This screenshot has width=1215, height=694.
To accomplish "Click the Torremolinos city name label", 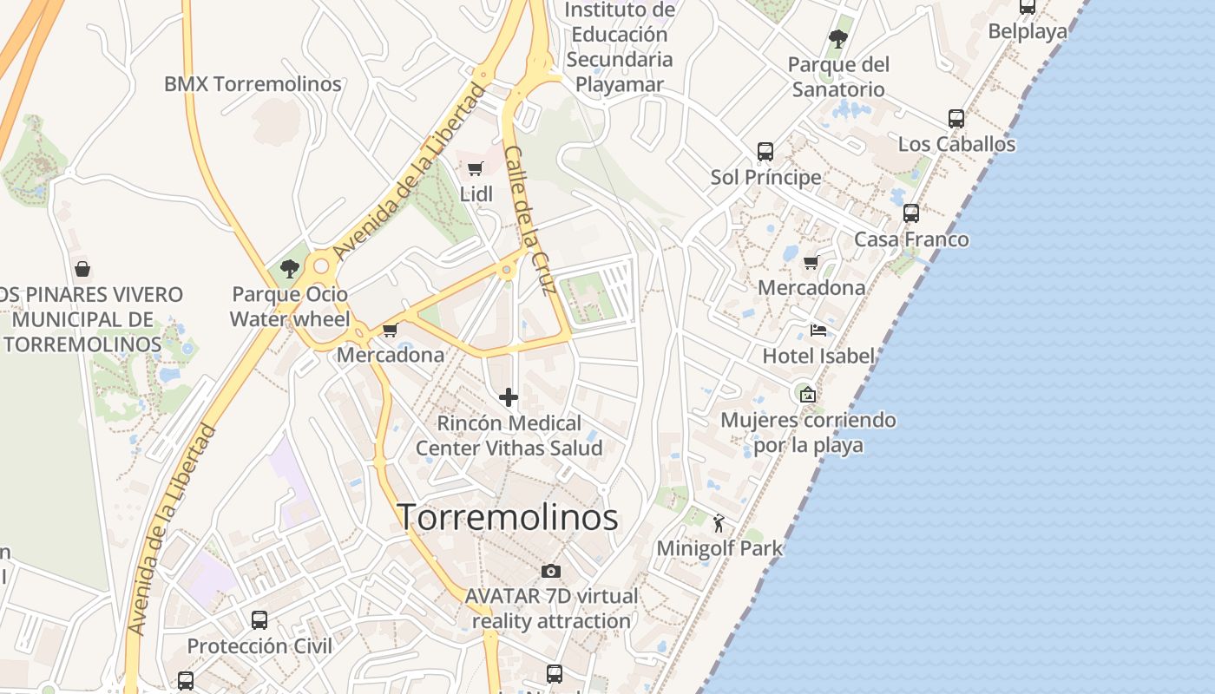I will [x=508, y=517].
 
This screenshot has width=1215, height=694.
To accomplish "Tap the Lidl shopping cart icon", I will [x=475, y=169].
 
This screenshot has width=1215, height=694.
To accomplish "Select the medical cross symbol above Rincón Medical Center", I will [x=509, y=398].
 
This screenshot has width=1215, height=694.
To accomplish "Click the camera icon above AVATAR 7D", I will [x=550, y=571].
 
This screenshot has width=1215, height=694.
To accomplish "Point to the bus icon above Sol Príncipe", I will [x=765, y=152].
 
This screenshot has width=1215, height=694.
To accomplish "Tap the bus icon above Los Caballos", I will [x=956, y=119].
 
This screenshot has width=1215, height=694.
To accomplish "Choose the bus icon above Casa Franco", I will [x=911, y=213].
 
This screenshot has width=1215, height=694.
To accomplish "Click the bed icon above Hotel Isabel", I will [x=818, y=330].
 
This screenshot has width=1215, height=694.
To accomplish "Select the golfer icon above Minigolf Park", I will [x=719, y=523].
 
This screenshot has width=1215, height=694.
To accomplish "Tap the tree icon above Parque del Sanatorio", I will [x=837, y=38].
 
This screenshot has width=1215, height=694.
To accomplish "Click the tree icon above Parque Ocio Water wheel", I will [x=290, y=269].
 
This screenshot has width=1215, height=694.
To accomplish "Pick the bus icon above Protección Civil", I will [x=259, y=620].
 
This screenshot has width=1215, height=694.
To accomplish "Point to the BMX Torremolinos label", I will [x=253, y=84].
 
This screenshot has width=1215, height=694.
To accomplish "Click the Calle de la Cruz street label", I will [x=529, y=220].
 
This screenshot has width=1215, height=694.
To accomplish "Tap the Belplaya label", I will [x=1028, y=32].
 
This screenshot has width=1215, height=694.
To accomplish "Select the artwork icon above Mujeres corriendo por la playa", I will [x=808, y=395].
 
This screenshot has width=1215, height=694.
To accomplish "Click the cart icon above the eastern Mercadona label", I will [x=811, y=262].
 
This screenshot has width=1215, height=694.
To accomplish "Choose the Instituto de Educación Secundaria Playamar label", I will [x=620, y=47].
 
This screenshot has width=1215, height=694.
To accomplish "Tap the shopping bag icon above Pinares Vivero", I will [x=82, y=269].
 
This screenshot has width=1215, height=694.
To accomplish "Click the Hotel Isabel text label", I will [x=818, y=356].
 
